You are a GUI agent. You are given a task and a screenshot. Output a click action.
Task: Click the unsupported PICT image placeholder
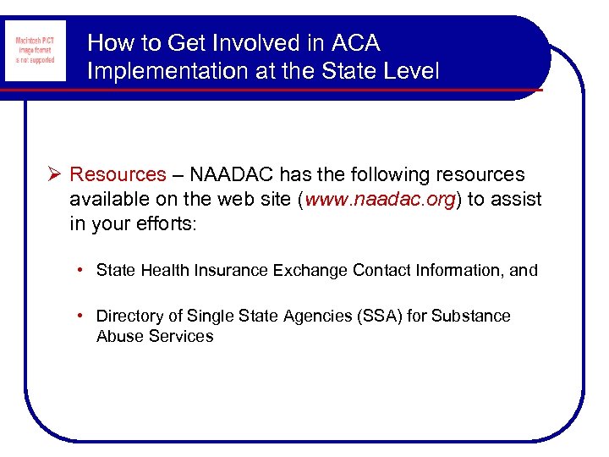click(34, 51)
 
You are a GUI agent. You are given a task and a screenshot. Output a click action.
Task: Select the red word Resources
click(118, 175)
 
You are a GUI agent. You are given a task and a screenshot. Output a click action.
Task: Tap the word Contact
click(378, 271)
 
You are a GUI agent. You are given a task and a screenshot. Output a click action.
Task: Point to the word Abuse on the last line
click(119, 336)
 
